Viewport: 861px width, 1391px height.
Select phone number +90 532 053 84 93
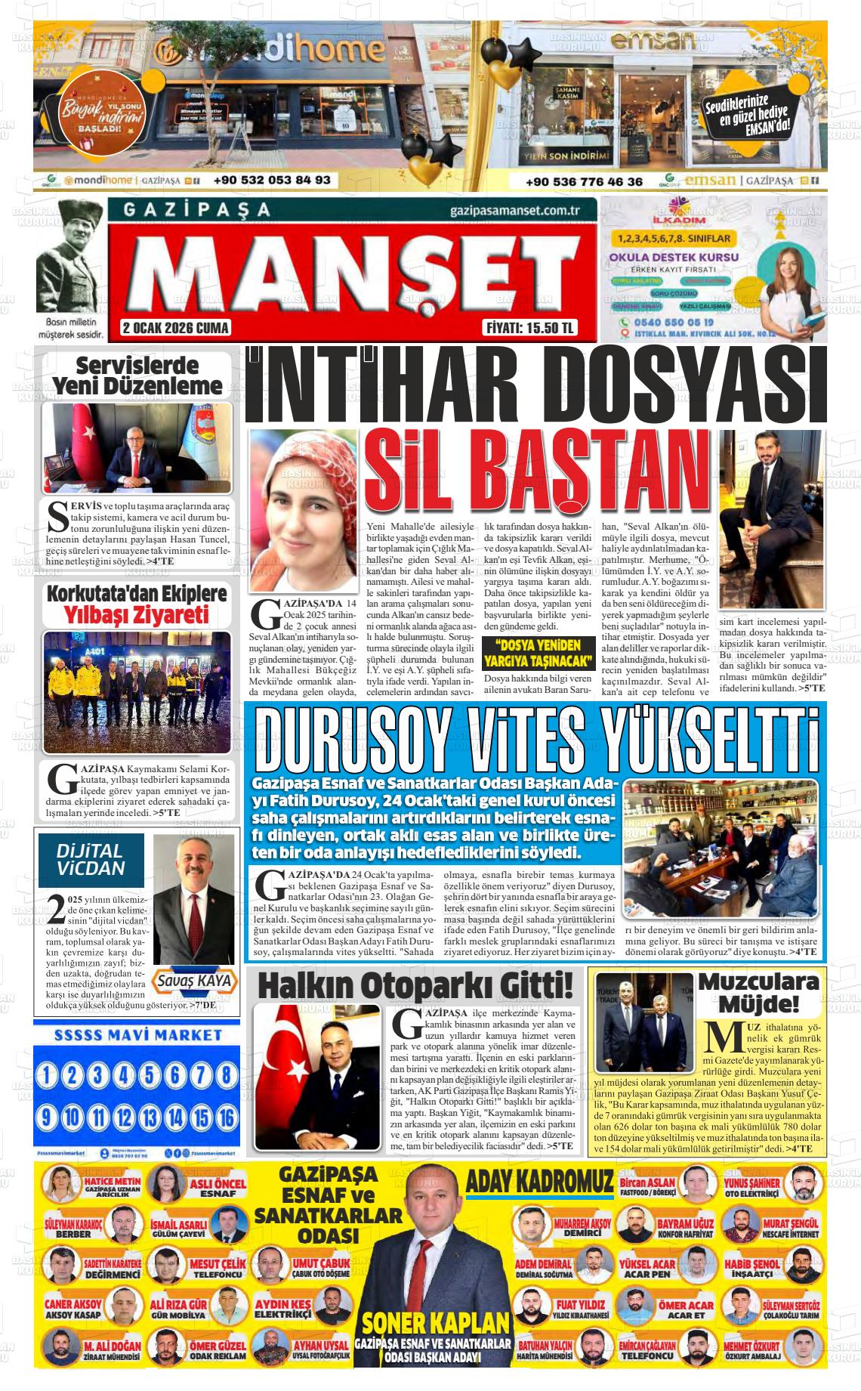(272, 181)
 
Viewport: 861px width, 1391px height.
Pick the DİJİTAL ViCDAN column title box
(91, 860)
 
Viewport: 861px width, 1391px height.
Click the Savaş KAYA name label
(195, 981)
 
